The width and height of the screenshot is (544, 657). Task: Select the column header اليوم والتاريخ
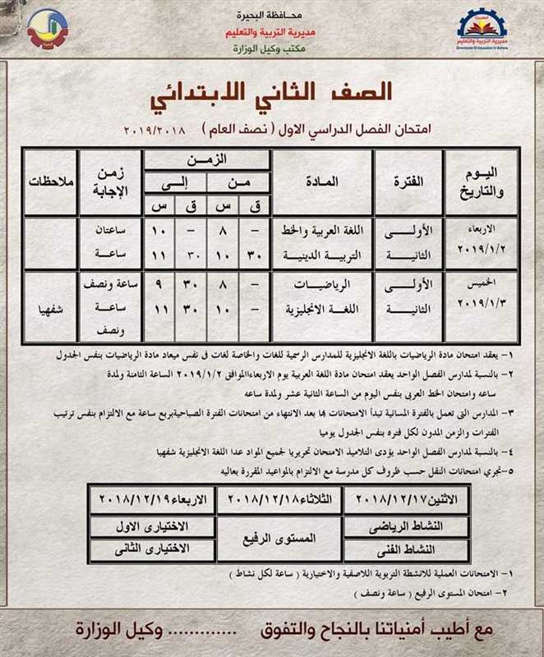click(x=480, y=181)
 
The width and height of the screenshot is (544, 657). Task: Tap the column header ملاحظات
click(x=51, y=181)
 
